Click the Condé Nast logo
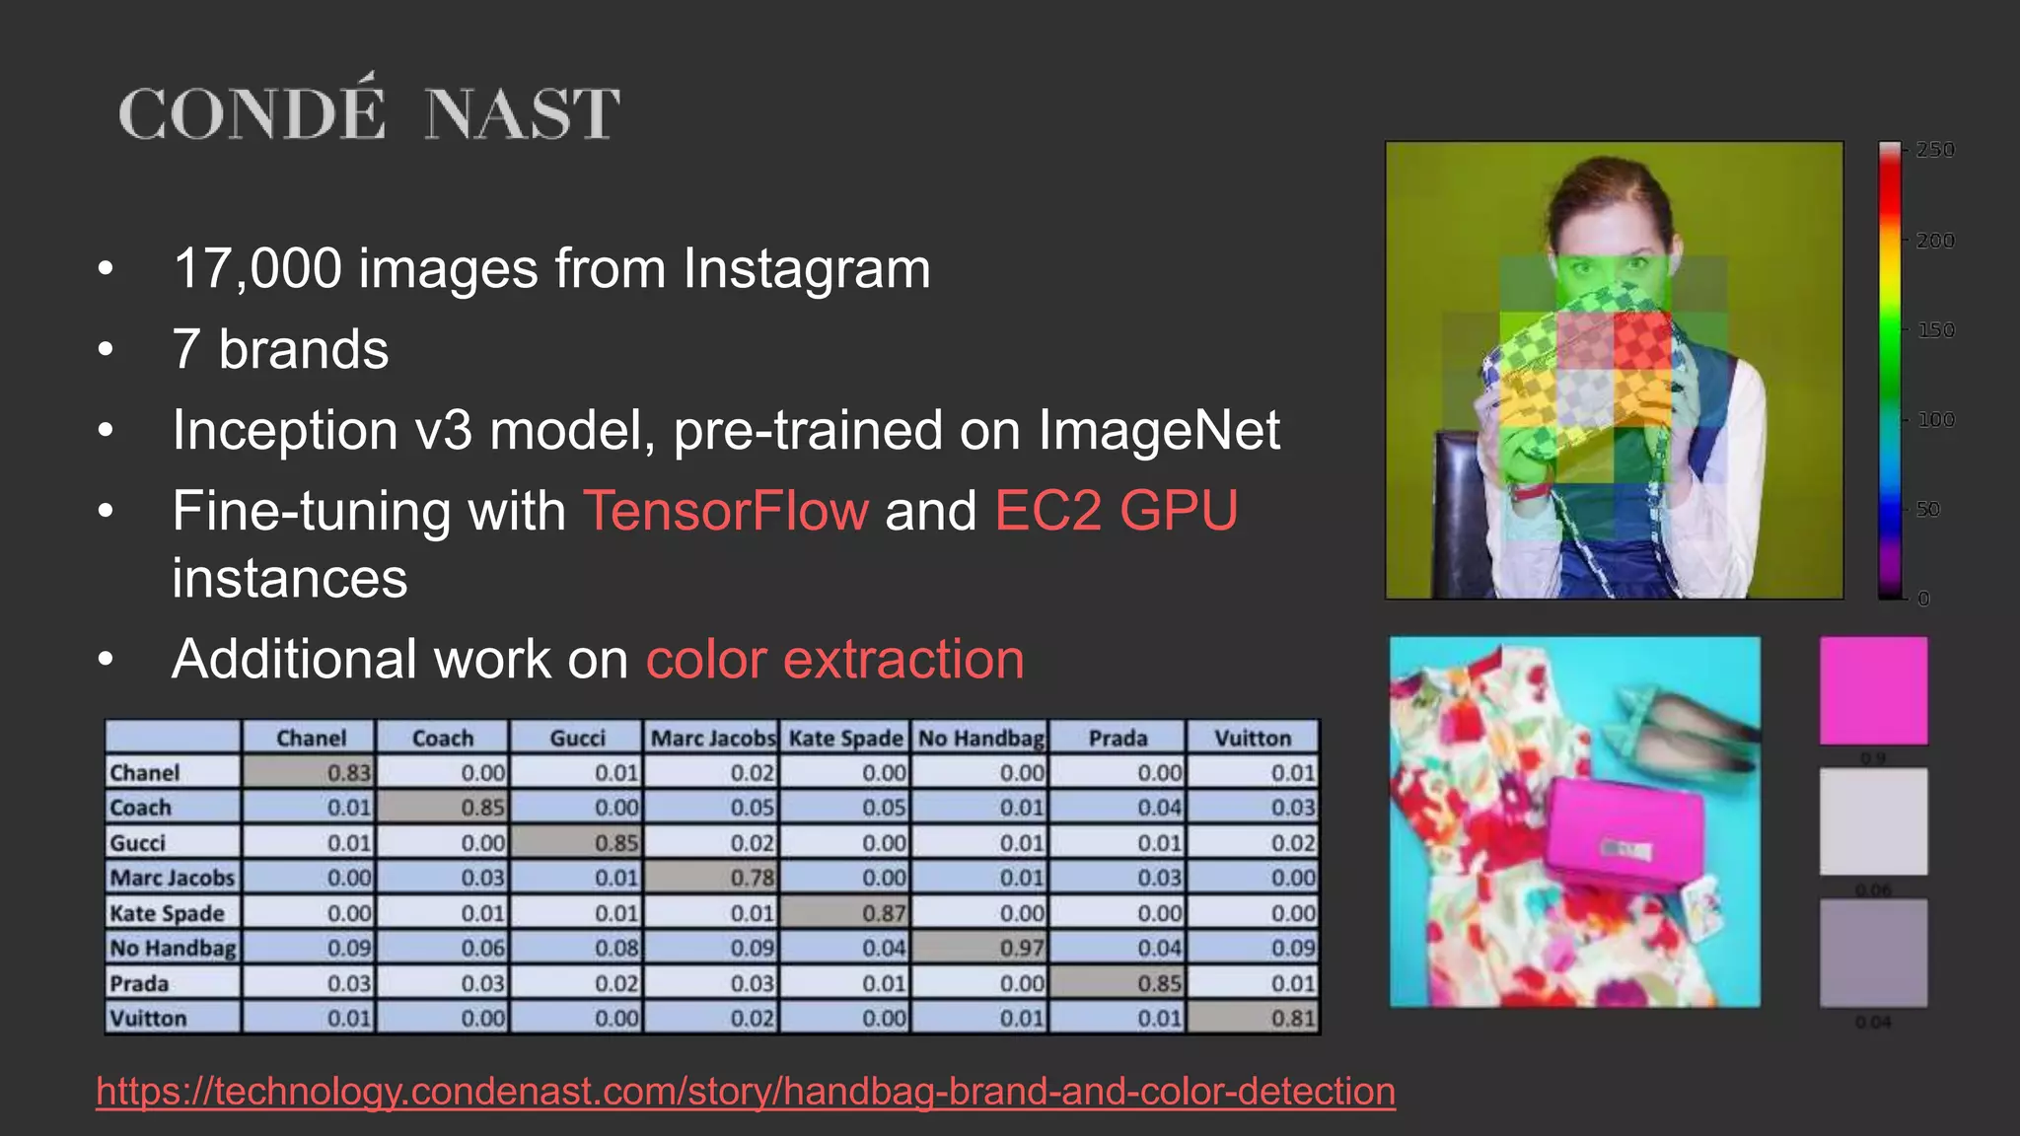[369, 111]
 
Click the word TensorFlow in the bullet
[726, 511]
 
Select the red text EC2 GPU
[1116, 511]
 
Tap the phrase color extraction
[834, 659]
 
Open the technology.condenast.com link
[746, 1091]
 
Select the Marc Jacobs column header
[713, 738]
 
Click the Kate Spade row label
[168, 913]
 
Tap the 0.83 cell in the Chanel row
[310, 772]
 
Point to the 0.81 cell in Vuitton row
[1253, 1018]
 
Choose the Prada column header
[1118, 738]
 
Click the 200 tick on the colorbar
[1934, 241]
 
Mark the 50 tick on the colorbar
[1927, 510]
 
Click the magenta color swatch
[1873, 690]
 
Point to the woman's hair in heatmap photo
[1608, 192]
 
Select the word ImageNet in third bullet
[1158, 430]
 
